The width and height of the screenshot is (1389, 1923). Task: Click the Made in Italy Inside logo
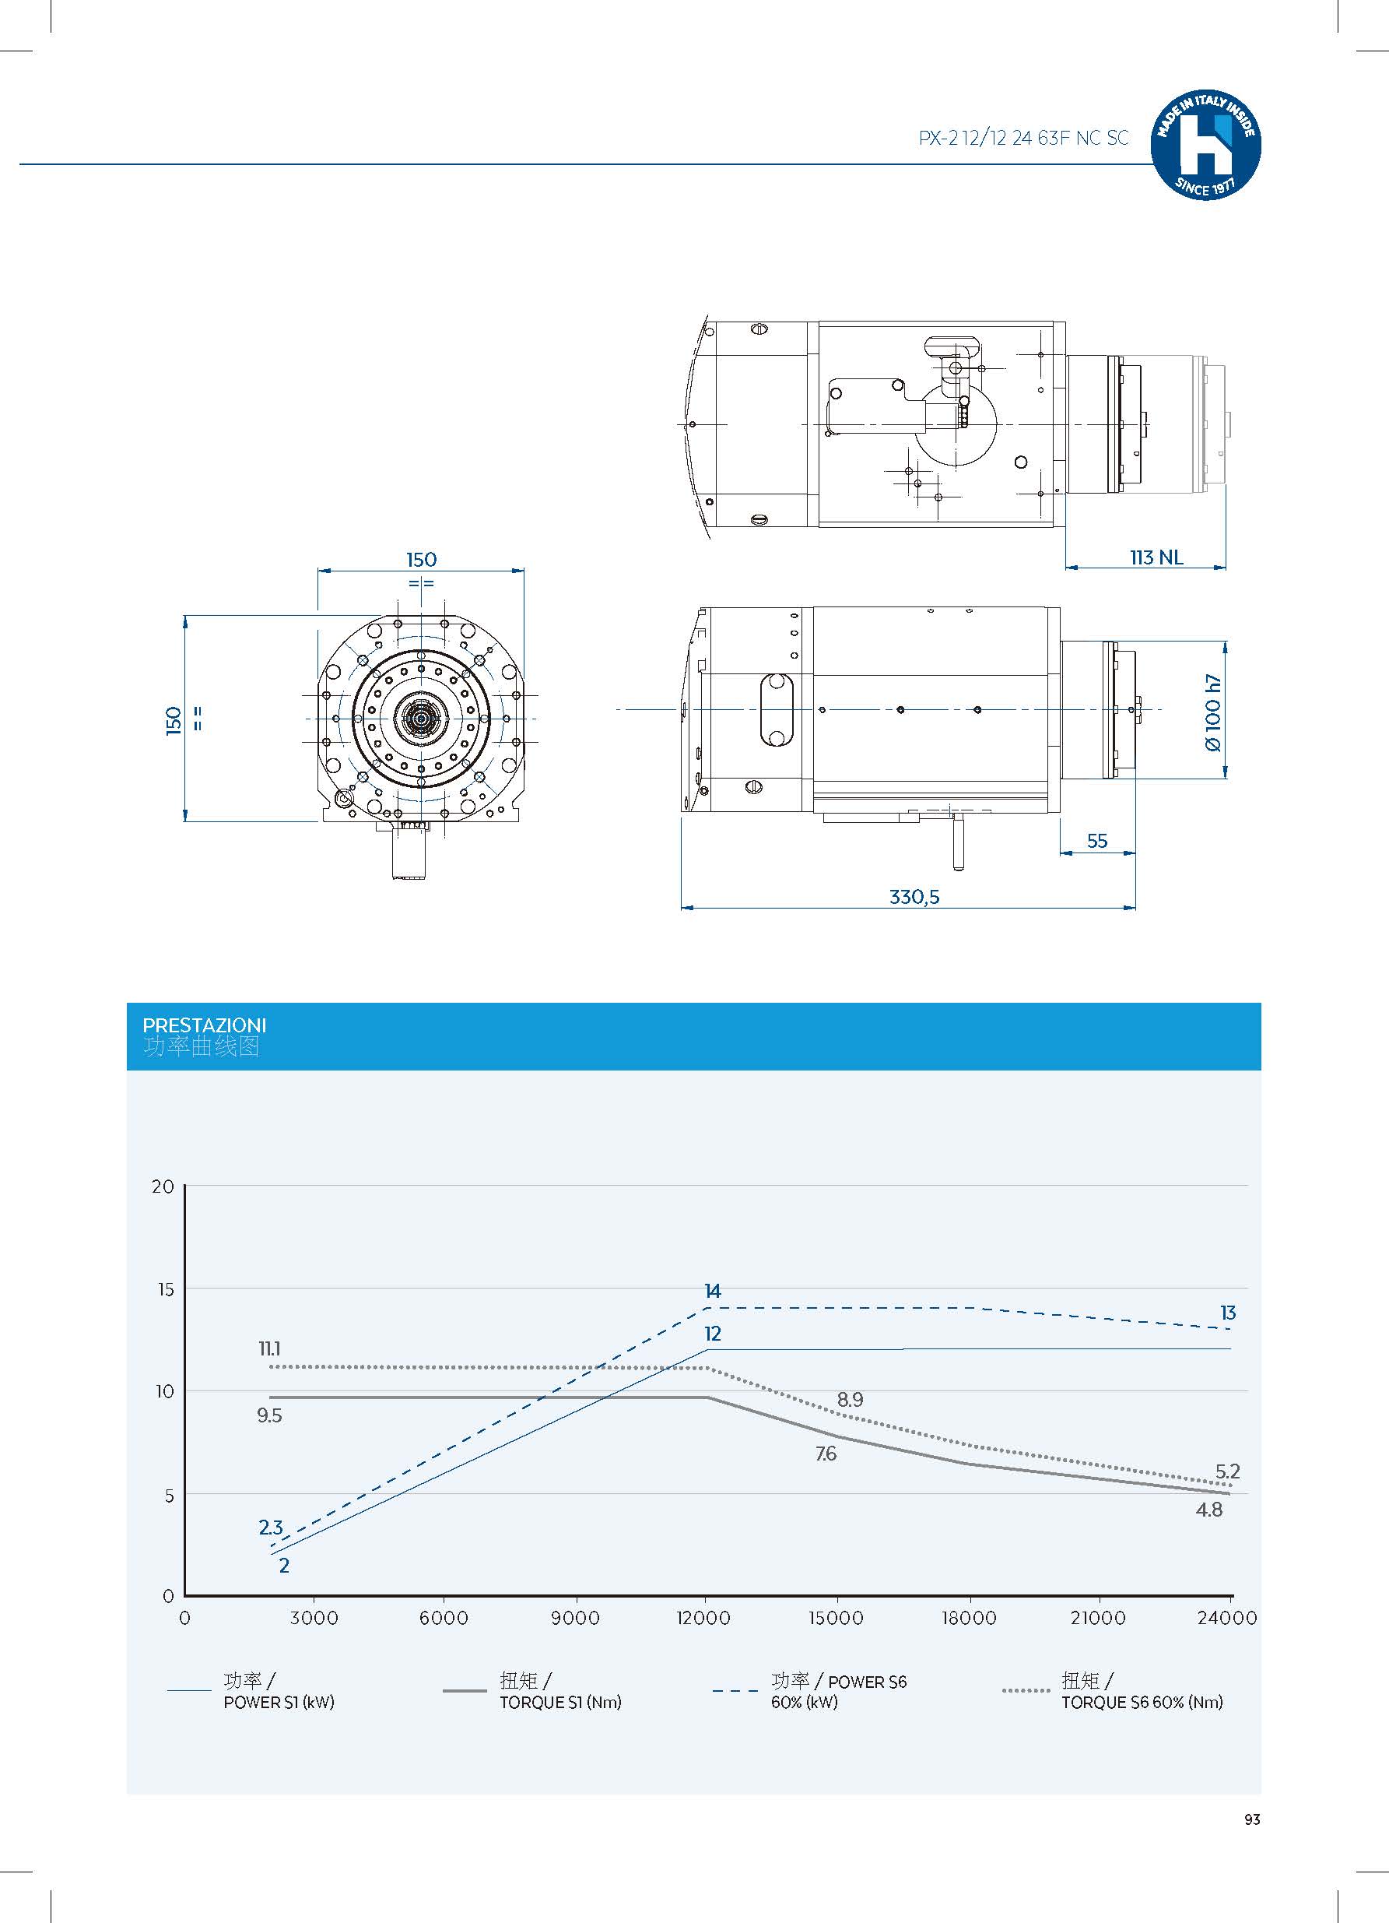(1205, 145)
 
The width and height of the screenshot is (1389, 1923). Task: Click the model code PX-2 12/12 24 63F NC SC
(1023, 139)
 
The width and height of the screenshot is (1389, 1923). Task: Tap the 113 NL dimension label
(1156, 557)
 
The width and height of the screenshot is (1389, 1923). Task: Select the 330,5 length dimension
(914, 896)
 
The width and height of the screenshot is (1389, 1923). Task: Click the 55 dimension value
(1096, 840)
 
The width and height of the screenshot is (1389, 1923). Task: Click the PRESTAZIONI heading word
(204, 1025)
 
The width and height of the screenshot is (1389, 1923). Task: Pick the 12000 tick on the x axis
(703, 1618)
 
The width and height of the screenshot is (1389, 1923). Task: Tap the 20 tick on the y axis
(163, 1186)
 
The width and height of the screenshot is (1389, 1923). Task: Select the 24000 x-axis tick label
(1226, 1618)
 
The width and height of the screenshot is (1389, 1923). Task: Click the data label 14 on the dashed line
(712, 1291)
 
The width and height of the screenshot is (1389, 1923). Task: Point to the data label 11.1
(269, 1348)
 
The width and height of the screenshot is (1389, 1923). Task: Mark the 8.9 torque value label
(850, 1400)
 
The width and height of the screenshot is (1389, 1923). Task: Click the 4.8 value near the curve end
(1208, 1510)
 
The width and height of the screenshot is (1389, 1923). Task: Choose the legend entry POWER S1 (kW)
(279, 1702)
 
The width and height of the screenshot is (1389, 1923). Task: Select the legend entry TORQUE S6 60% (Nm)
(1142, 1702)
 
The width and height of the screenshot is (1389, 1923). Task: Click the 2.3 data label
(270, 1527)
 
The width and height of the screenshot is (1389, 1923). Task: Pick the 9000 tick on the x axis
(574, 1618)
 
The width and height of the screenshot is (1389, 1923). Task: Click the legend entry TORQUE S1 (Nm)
(560, 1702)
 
